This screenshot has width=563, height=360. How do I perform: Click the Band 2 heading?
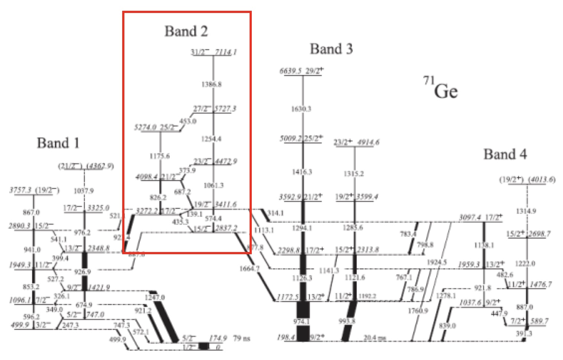point(186,31)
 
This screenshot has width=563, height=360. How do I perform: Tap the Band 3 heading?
point(331,49)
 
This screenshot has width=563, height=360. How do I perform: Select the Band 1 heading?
point(58,143)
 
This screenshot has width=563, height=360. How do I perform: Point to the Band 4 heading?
point(505,154)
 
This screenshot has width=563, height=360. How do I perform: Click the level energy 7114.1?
point(226,52)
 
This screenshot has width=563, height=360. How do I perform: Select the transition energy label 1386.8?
point(211,84)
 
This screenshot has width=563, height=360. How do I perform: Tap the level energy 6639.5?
point(290,71)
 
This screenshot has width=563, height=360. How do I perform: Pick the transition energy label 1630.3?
point(301,109)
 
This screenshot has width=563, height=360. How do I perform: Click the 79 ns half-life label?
point(241,338)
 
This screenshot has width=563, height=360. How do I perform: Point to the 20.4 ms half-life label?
point(374,338)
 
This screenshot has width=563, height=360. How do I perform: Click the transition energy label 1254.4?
point(211,139)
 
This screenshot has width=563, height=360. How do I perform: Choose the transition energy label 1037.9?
point(84,191)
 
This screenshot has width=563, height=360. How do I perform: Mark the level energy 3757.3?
point(20,190)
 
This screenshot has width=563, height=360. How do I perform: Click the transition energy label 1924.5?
point(437,262)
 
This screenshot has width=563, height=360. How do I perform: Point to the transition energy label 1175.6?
point(160,156)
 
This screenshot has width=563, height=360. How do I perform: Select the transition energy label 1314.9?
point(526,211)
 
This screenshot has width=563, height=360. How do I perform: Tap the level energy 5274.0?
point(145,128)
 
